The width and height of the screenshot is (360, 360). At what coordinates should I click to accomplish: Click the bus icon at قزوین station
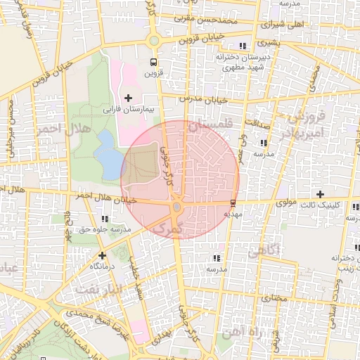click(x=153, y=60)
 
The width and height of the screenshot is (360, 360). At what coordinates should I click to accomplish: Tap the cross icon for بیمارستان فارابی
click(x=128, y=97)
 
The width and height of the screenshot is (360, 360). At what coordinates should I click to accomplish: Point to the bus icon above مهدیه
click(x=233, y=202)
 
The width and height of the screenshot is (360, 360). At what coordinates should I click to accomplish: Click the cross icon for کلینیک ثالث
click(x=320, y=193)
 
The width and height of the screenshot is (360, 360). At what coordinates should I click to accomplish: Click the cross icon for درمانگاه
click(x=103, y=255)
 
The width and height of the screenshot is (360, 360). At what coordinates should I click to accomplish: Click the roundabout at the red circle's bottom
click(x=176, y=208)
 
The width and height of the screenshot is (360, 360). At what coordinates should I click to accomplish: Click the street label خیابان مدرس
click(x=203, y=100)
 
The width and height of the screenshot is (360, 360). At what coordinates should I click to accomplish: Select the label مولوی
click(x=269, y=202)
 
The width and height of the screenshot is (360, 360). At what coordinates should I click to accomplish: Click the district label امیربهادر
click(x=303, y=132)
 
